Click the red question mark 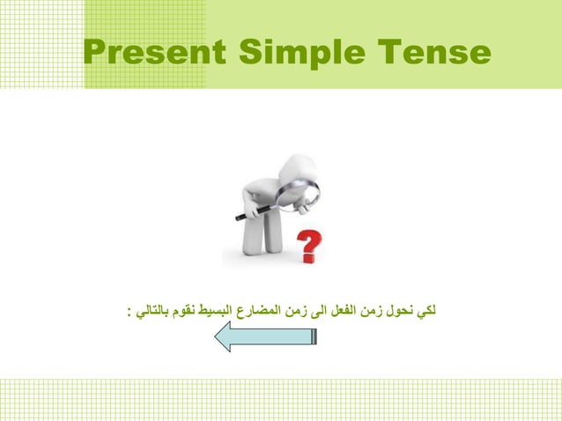pos(309,246)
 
